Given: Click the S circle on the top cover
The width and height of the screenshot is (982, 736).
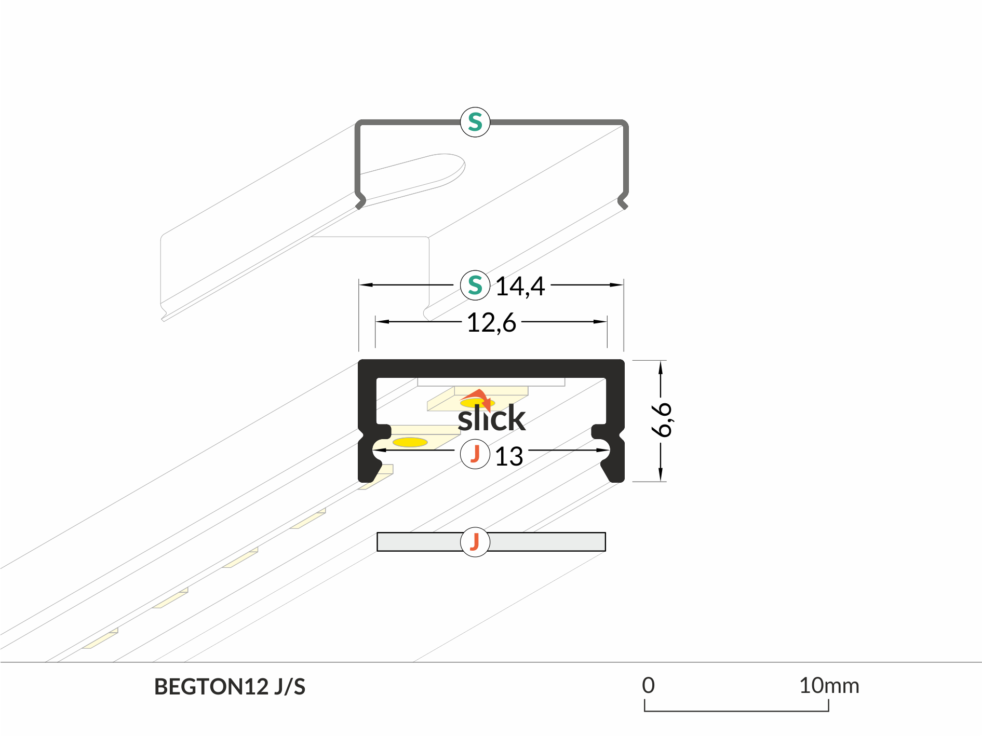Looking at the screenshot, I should point(475,122).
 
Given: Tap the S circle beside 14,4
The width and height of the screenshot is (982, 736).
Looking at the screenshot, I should point(475,285).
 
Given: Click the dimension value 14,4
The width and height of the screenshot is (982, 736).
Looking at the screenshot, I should point(520,286).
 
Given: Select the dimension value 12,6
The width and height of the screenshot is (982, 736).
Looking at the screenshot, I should point(491,322).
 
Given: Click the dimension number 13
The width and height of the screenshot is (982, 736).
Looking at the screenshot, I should point(509,457).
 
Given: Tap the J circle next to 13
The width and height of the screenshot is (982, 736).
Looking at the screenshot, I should point(475,454).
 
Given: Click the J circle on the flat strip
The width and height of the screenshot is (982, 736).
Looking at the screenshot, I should point(475,542).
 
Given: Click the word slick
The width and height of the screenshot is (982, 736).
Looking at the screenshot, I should point(491,418).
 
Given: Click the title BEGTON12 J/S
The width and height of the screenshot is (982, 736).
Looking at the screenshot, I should point(230,687).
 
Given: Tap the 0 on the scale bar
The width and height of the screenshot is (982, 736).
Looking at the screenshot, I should point(648,686).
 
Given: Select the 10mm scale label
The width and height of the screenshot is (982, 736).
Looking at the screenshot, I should point(829,686).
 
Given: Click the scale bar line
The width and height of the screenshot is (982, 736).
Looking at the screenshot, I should point(736,711).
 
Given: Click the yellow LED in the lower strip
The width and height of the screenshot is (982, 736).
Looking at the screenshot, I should point(410,442).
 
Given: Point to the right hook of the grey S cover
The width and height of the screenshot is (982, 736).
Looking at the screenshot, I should point(623,201).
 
